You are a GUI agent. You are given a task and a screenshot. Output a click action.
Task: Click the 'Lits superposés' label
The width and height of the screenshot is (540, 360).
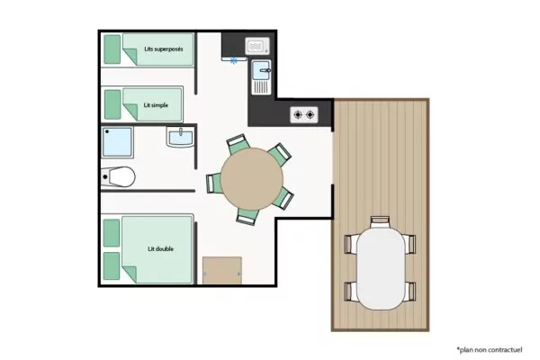coord(164,49)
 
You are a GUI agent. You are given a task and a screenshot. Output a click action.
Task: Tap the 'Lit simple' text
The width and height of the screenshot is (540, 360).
coord(156,105)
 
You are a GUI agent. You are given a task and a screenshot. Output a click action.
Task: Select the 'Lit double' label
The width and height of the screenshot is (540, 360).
coord(160,248)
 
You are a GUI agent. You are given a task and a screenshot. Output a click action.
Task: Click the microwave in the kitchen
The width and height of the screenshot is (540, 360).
coord(257,46)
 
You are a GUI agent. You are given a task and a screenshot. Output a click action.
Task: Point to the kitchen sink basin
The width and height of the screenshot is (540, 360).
coord(261,70)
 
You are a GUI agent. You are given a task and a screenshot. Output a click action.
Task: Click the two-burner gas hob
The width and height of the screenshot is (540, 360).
coord(304,114)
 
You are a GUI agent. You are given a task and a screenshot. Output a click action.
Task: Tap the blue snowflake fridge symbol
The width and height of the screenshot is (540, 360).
coord(234,61)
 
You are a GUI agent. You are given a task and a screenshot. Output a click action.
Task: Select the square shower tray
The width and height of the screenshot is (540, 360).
coord(117,142)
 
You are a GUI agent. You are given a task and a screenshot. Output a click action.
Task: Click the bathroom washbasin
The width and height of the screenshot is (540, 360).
coord(181,137)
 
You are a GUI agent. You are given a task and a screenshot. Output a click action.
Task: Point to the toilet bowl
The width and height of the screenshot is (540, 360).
coord(119,176)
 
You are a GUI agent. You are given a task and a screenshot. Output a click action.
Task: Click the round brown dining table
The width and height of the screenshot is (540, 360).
coord(252,179)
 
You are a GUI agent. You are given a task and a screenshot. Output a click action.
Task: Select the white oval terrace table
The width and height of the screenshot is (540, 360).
coord(381,269)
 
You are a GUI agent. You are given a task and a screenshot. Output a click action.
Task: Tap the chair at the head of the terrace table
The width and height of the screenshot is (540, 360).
coord(380,222)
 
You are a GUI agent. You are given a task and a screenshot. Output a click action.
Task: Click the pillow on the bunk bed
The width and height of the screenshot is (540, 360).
coord(112,49)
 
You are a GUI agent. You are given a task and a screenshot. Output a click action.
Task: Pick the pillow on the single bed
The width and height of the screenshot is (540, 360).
coord(112,104)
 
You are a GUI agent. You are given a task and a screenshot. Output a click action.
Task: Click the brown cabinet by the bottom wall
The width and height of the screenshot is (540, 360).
coord(222,270)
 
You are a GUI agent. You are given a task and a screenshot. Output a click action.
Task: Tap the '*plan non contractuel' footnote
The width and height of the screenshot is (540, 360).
coord(490,350)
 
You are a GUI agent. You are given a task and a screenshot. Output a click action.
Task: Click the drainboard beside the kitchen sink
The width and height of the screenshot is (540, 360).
coord(261,86)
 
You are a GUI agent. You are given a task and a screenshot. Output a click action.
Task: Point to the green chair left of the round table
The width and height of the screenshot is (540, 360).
coord(213,184)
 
